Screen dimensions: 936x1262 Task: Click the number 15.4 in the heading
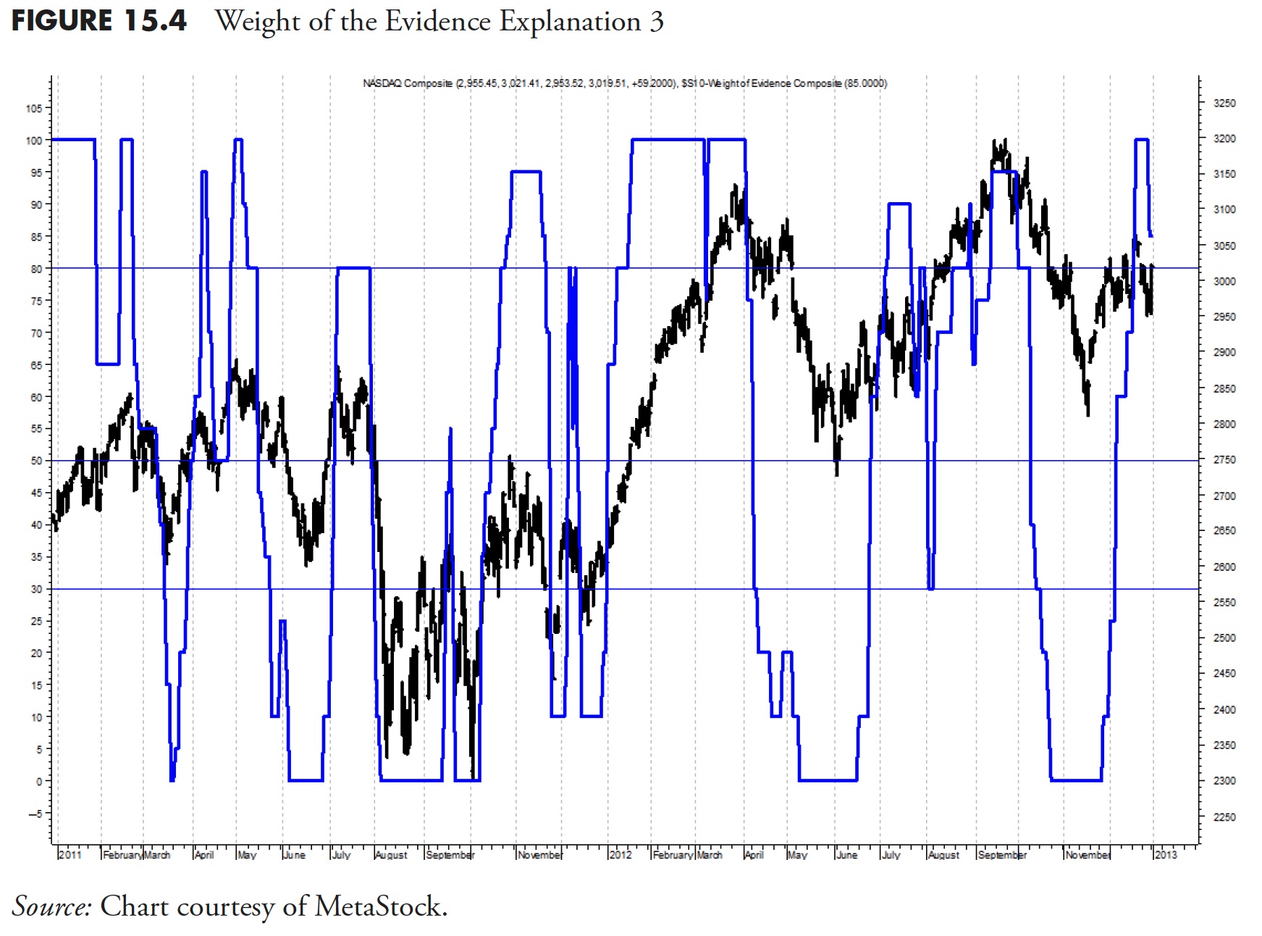pos(155,21)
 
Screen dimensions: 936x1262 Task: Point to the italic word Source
pos(51,906)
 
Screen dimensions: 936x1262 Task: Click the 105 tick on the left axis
pos(34,109)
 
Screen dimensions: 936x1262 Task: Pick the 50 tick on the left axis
pos(36,461)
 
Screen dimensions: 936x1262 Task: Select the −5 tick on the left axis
pos(35,814)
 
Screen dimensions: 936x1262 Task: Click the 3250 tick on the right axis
pos(1224,104)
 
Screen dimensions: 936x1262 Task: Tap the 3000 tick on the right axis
pos(1224,281)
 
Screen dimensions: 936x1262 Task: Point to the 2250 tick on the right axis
pos(1224,817)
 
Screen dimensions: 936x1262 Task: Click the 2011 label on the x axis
pos(70,855)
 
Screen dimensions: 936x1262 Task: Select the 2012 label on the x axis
pos(621,855)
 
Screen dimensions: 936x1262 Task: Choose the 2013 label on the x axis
pos(1166,855)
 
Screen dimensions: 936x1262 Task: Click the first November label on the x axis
pos(540,856)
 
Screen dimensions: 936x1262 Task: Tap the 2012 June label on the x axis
pos(846,855)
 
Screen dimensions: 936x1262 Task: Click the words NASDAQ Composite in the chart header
pos(408,83)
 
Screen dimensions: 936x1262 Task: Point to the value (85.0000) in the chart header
pos(865,83)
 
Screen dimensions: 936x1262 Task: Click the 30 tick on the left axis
pos(36,589)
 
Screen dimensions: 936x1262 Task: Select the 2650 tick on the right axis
pos(1224,531)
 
